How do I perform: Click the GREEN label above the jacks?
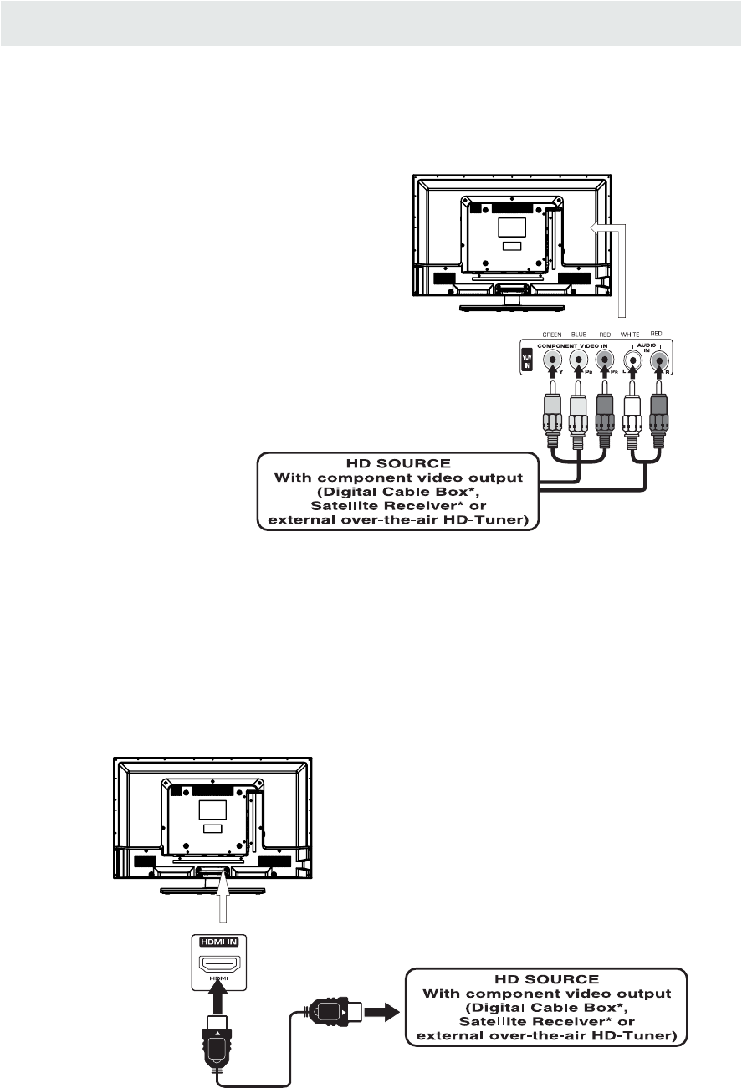click(x=552, y=333)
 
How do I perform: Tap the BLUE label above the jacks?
click(x=578, y=333)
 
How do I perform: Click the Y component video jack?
click(x=552, y=360)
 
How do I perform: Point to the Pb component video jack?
click(x=578, y=360)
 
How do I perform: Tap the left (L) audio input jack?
click(x=633, y=360)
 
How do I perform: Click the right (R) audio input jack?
click(x=659, y=360)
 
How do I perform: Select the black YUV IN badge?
click(x=527, y=360)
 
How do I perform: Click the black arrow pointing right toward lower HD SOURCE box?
click(x=381, y=1014)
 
